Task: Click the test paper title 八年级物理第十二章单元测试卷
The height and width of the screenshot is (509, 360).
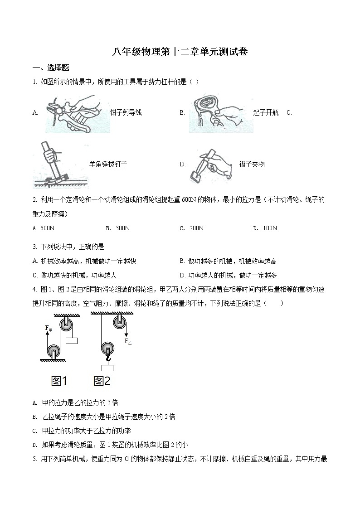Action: tap(180, 52)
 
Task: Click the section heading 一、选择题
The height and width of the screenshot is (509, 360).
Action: tap(51, 68)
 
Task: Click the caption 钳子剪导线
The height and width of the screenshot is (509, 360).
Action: tap(126, 112)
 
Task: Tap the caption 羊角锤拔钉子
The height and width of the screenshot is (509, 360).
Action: tap(108, 165)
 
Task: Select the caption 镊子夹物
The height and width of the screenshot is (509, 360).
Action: tap(252, 165)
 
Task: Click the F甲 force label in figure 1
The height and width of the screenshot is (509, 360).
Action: tap(49, 328)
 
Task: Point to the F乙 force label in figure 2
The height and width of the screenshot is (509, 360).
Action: tap(128, 341)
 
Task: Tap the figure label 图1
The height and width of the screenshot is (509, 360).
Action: tap(59, 382)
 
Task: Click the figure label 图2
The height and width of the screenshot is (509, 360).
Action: tap(102, 382)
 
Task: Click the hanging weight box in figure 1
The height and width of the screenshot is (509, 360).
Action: tap(73, 341)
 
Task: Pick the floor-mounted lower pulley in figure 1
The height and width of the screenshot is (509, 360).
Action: tap(54, 351)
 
